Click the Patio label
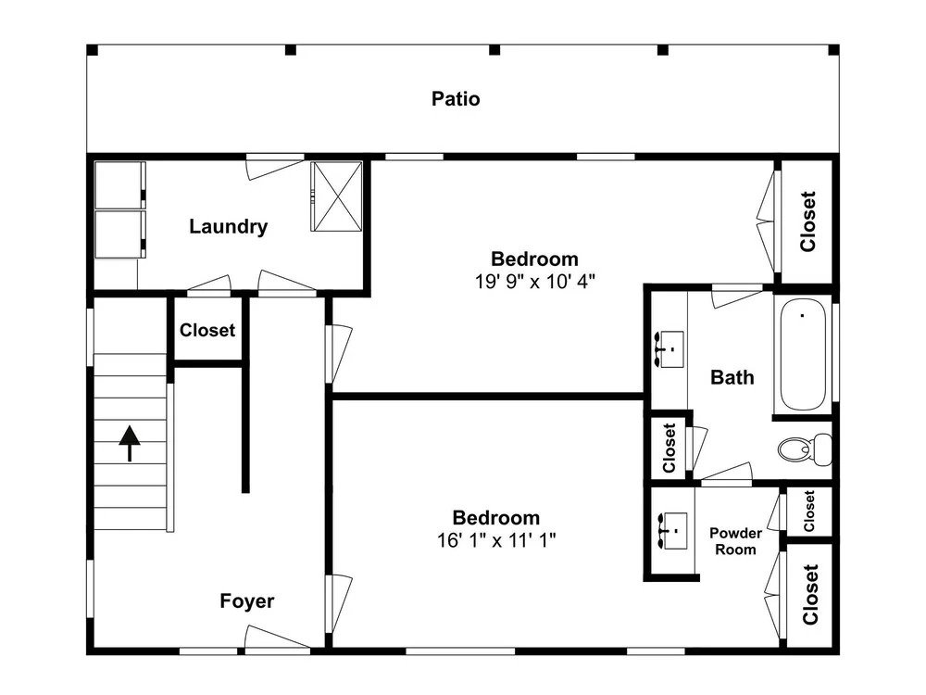[x=456, y=99]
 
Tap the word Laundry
[x=228, y=226]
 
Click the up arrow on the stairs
[x=130, y=444]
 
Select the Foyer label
[x=247, y=601]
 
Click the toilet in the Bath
[x=805, y=448]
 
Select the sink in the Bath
[x=669, y=349]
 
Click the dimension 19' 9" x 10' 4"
[x=535, y=282]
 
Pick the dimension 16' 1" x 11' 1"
[x=496, y=540]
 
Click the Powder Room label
[x=735, y=541]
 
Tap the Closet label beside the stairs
[x=207, y=330]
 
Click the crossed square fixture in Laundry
[x=337, y=196]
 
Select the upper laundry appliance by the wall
[x=119, y=185]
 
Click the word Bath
[x=732, y=377]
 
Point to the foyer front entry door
[x=276, y=638]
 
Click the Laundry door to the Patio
[x=275, y=167]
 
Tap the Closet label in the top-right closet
[x=807, y=221]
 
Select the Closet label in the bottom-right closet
[x=810, y=595]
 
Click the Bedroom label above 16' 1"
[x=496, y=518]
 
